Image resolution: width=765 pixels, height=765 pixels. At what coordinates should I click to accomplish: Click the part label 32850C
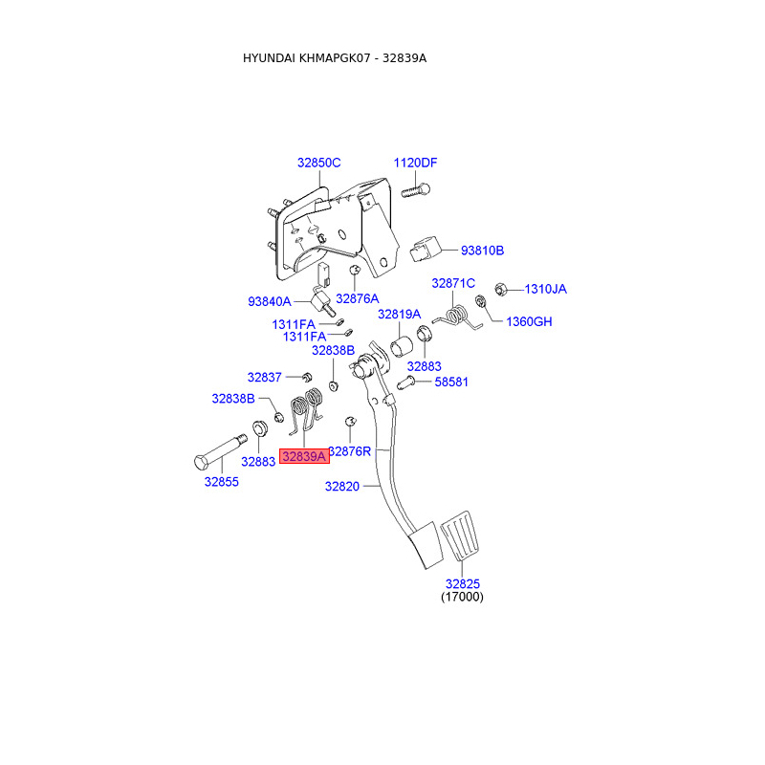pos(318,163)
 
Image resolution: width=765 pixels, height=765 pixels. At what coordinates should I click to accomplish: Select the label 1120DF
pos(415,163)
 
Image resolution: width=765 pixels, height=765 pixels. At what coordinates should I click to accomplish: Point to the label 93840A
pos(270,301)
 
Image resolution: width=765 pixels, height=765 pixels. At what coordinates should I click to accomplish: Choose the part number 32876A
pos(357,299)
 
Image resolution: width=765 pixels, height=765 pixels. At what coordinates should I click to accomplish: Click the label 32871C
pos(453,283)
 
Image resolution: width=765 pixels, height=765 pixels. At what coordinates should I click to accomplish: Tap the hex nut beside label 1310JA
pos(499,288)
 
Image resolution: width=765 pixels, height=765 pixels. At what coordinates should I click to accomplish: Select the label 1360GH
pos(529,321)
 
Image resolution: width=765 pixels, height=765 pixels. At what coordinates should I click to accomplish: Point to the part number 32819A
pos(399,314)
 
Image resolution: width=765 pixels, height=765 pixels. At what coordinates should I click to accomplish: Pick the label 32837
pos(264,377)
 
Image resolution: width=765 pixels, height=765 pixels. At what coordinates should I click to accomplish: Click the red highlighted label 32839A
pos(303,457)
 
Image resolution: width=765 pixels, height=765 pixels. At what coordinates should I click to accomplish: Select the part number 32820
pos(341,487)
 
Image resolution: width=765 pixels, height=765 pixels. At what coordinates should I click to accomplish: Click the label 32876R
pos(351,451)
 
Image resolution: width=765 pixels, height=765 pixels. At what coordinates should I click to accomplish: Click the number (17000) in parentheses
pos(462,597)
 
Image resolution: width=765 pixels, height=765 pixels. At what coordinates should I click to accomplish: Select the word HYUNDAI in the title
pos(269,58)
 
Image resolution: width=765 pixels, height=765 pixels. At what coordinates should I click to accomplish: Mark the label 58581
pos(452,382)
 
